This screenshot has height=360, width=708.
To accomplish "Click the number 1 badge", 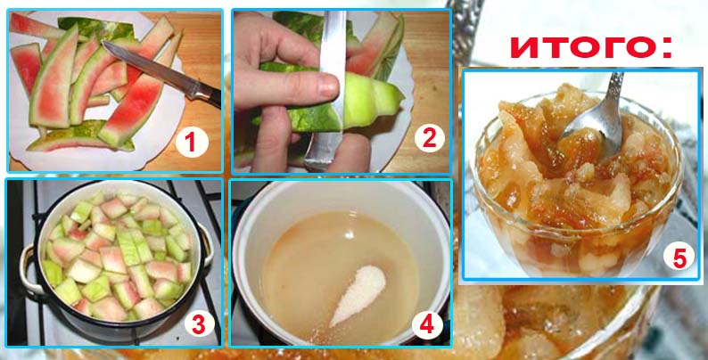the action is [x=192, y=143].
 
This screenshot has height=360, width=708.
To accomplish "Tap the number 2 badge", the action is [x=429, y=138].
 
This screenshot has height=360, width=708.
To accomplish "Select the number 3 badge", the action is [x=199, y=325].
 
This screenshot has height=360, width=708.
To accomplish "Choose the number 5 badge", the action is [x=679, y=259].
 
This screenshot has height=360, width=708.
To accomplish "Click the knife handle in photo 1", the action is [x=206, y=93].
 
